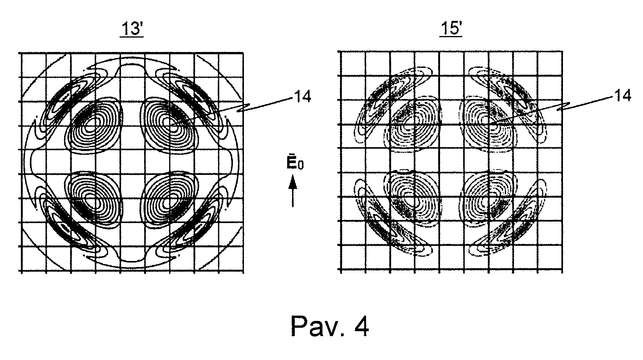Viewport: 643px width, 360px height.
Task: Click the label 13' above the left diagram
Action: tap(132, 29)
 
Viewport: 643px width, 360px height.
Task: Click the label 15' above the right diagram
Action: tap(451, 28)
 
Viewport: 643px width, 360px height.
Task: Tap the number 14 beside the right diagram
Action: tap(623, 95)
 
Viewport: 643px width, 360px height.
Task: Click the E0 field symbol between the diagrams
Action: tap(295, 163)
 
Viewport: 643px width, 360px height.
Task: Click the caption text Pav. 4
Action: tap(330, 326)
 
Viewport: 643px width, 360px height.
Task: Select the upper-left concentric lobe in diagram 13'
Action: tap(94, 124)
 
